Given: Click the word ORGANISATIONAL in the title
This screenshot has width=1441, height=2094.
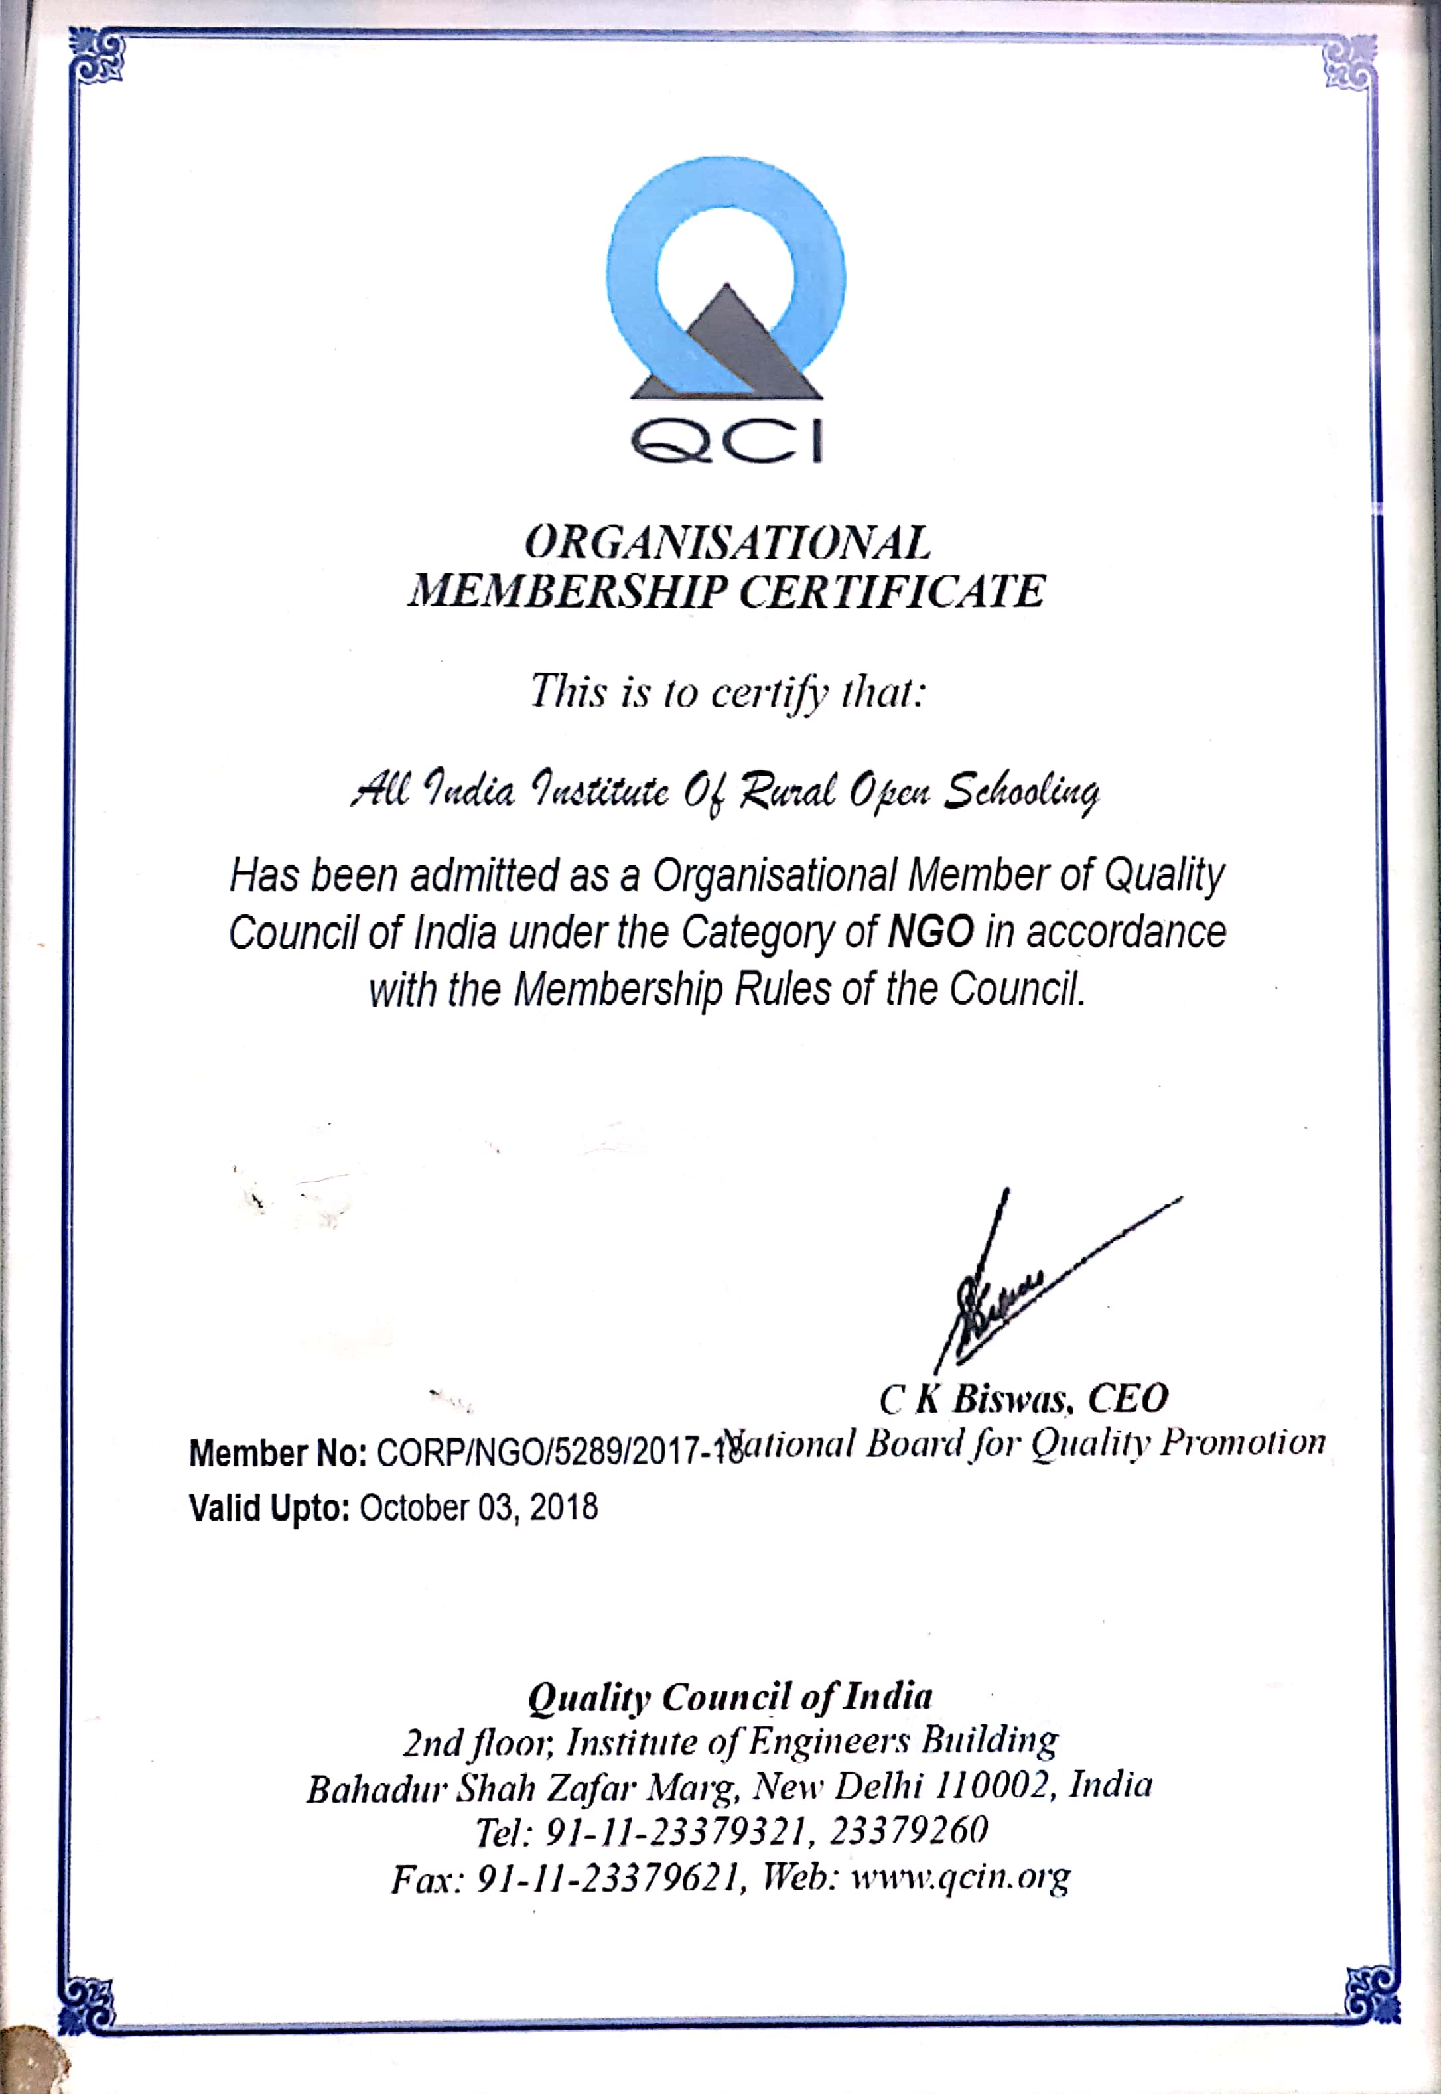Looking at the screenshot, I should (727, 543).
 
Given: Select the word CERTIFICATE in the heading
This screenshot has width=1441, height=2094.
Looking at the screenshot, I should (892, 593).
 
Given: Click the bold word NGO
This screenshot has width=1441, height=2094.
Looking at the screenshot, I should (931, 932).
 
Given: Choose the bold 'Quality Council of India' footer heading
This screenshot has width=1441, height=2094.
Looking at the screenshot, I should (730, 1698).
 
